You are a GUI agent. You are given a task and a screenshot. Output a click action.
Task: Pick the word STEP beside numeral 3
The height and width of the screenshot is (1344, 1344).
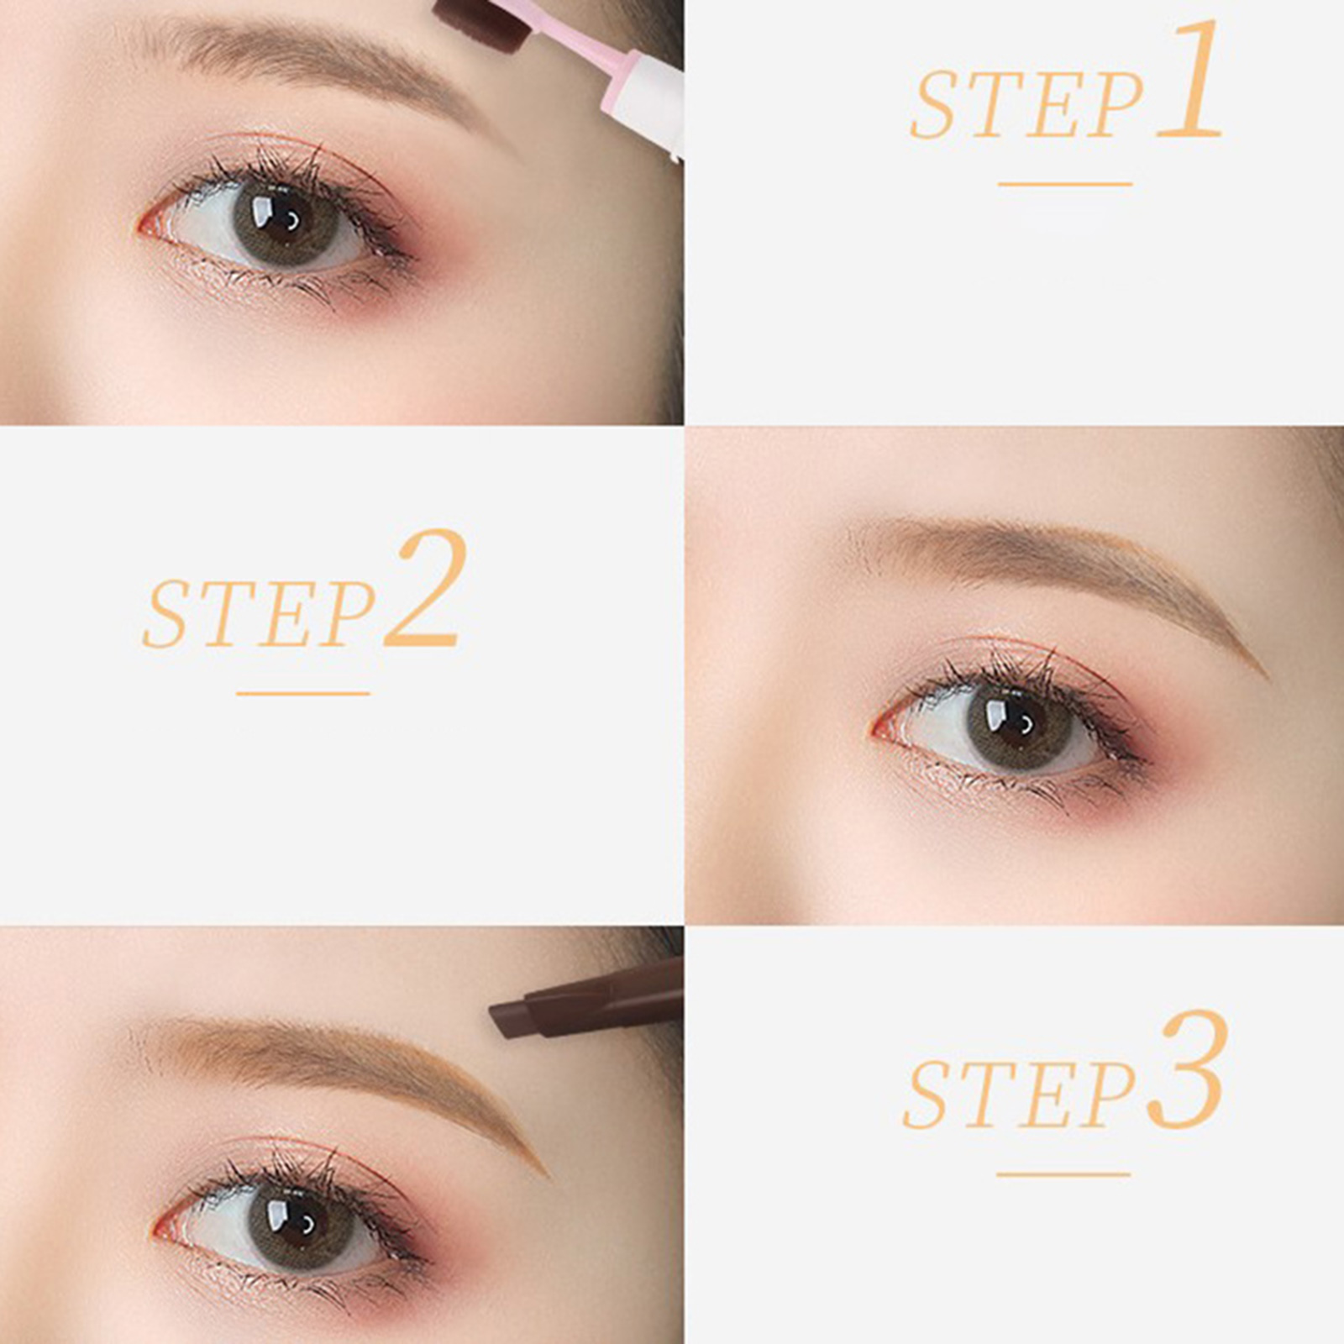point(1021,1094)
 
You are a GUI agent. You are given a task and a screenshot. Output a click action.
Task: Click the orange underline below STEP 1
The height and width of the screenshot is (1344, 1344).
point(1065,184)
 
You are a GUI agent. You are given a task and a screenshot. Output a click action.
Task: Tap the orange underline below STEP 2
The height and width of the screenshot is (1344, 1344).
point(303,694)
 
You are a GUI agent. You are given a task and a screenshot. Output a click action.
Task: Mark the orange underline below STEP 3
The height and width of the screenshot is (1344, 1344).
point(1063,1174)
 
